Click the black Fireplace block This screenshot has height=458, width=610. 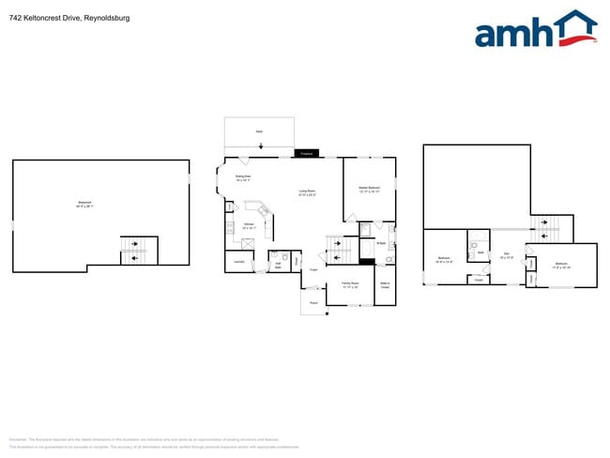307,153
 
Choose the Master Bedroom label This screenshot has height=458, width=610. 368,190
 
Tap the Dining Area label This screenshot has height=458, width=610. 242,178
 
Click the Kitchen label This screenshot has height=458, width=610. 250,225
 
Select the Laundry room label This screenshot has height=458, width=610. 239,262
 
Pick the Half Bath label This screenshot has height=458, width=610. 279,264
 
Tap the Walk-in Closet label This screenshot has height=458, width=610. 385,285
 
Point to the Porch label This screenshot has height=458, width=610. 313,303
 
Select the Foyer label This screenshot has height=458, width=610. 314,270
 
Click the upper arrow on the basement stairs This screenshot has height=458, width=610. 137,245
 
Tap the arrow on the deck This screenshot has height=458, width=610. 262,145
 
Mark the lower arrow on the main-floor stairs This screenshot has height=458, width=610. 339,257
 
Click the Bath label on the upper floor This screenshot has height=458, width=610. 480,252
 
